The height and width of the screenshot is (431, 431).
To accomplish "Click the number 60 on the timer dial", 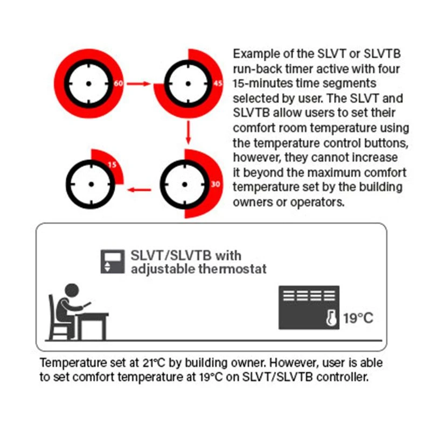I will point(119,84).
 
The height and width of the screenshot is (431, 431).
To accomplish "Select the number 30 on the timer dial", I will point(215,184).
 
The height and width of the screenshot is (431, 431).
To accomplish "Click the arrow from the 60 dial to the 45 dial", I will point(141,84).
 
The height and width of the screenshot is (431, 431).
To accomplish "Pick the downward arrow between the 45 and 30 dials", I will point(188,133).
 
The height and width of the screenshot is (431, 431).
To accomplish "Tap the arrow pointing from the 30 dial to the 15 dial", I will point(138,189).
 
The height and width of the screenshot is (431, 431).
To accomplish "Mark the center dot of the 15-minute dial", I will point(91,184).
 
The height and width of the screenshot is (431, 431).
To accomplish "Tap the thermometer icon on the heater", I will point(331,318).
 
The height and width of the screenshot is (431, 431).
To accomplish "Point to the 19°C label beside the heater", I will point(358,318).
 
